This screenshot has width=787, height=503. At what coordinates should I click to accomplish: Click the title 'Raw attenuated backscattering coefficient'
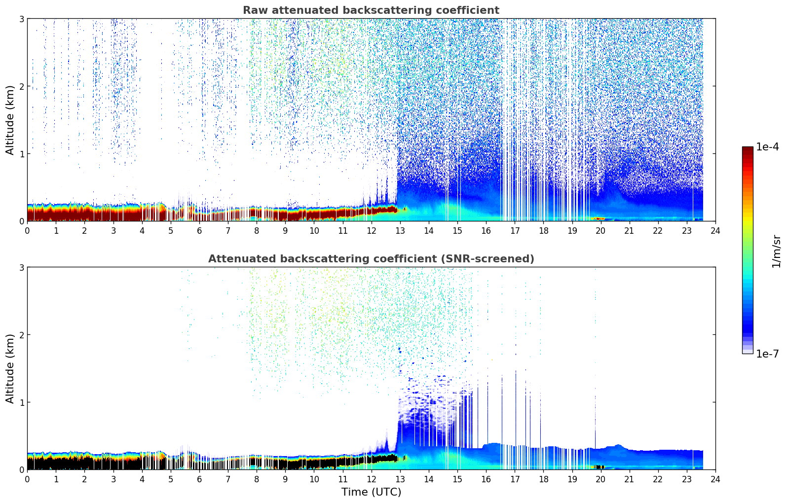(x=371, y=10)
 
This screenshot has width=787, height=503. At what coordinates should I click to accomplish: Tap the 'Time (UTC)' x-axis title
(x=371, y=492)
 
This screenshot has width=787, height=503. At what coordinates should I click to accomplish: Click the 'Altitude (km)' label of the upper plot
(x=10, y=120)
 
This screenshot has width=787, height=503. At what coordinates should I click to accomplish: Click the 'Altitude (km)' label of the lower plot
(x=10, y=368)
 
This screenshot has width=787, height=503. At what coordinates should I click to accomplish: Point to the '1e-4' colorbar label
(x=767, y=147)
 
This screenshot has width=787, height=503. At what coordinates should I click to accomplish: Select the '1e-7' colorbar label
(x=767, y=354)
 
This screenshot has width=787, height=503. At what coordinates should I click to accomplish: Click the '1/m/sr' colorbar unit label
(x=777, y=251)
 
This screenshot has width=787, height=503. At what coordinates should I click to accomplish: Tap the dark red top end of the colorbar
(x=748, y=149)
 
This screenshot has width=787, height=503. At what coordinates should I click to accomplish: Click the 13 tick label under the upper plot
(x=400, y=230)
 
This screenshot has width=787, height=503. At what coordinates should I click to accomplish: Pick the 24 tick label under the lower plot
(x=715, y=479)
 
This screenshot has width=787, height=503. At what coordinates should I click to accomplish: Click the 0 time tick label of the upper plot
(x=27, y=230)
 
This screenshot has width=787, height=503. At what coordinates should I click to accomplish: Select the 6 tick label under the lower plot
(x=199, y=479)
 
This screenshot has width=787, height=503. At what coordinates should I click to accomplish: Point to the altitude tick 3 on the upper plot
(x=21, y=19)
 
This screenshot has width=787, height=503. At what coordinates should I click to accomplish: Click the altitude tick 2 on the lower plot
(x=21, y=335)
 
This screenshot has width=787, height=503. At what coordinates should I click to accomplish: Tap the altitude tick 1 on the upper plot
(x=21, y=154)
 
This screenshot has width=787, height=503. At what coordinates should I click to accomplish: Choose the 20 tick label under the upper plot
(x=600, y=230)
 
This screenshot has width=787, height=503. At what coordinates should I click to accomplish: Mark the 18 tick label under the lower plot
(x=543, y=479)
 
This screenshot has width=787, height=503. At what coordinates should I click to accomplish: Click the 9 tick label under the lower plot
(x=285, y=479)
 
